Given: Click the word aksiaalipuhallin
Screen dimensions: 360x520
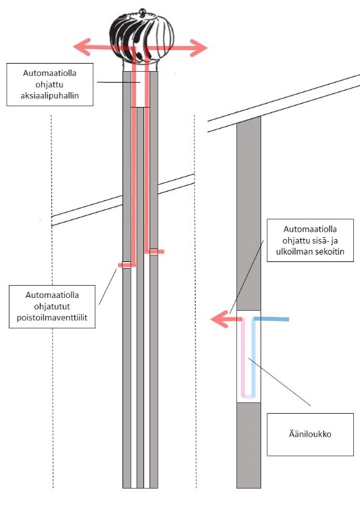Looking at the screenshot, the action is [49, 96].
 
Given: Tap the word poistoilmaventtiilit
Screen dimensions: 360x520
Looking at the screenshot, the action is [52, 318].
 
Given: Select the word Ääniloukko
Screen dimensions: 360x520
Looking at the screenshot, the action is [310, 434].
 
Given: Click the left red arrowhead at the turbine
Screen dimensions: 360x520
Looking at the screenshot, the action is [82, 47].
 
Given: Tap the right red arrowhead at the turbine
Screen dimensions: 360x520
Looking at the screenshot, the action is [199, 48].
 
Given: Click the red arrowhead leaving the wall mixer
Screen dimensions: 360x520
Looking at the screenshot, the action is [219, 320].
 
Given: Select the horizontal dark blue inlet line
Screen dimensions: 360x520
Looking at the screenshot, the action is [271, 319].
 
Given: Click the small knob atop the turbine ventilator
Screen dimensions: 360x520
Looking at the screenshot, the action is [142, 12].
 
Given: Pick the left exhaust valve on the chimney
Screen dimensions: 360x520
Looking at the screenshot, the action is [127, 265].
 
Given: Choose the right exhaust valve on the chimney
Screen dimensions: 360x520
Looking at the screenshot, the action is [154, 251].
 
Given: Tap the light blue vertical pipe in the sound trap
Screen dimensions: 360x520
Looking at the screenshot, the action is [254, 358].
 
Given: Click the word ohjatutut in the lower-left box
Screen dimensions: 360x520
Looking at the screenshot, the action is [52, 307].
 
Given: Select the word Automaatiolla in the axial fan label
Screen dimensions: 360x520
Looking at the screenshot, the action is [49, 73].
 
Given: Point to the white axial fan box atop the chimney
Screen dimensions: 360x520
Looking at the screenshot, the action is [140, 89].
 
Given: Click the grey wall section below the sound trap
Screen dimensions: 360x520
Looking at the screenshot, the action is [248, 445].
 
